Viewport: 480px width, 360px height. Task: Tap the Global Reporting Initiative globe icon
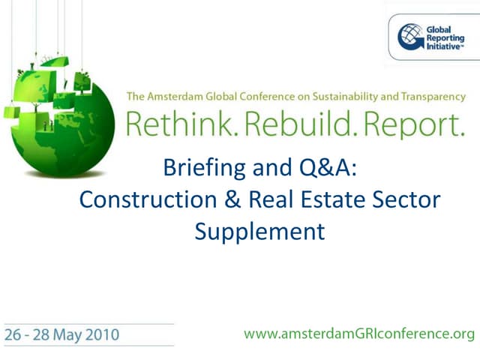410,35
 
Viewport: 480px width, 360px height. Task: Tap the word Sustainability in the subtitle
339,97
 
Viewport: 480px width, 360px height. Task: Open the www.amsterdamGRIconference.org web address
359,334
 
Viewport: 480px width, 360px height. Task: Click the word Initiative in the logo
444,46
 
